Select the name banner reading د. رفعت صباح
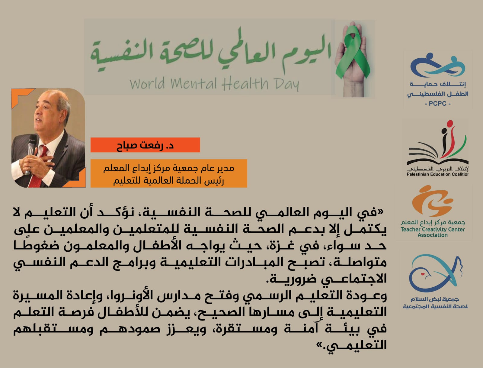click(x=145, y=145)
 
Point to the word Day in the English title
click(x=286, y=84)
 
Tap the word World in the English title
click(x=147, y=83)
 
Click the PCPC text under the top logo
click(x=437, y=104)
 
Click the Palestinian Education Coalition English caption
click(x=437, y=174)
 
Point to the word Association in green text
click(x=433, y=235)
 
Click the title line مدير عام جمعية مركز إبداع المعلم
click(x=169, y=168)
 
